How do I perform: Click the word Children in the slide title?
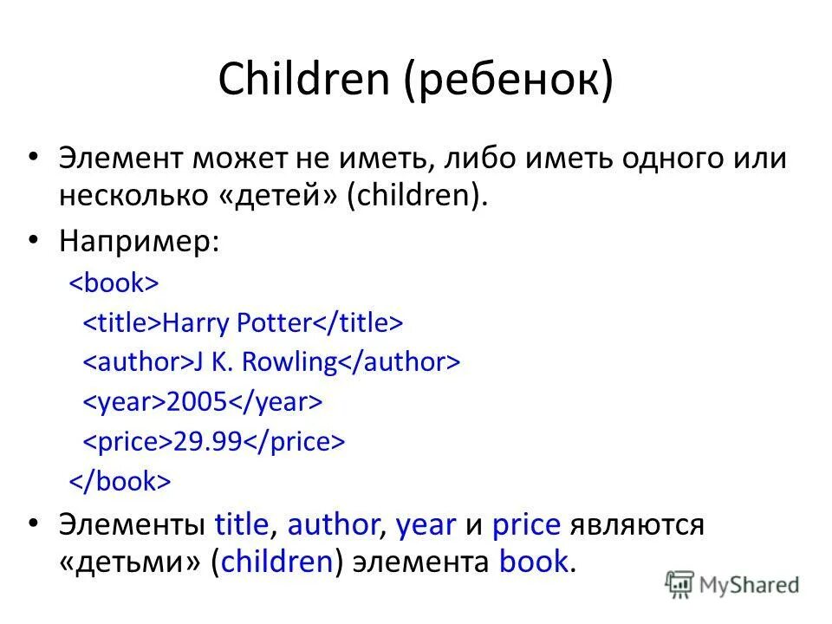pyautogui.click(x=303, y=80)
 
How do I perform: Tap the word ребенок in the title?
pyautogui.click(x=507, y=80)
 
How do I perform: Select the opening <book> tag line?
pyautogui.click(x=114, y=283)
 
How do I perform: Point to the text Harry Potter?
pyautogui.click(x=236, y=323)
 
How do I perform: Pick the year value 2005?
pyautogui.click(x=198, y=402)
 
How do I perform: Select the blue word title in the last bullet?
pyautogui.click(x=242, y=524)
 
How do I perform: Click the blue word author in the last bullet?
pyautogui.click(x=334, y=524)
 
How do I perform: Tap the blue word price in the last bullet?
pyautogui.click(x=527, y=524)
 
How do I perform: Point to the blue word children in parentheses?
pyautogui.click(x=277, y=562)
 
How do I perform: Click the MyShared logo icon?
pyautogui.click(x=679, y=585)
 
